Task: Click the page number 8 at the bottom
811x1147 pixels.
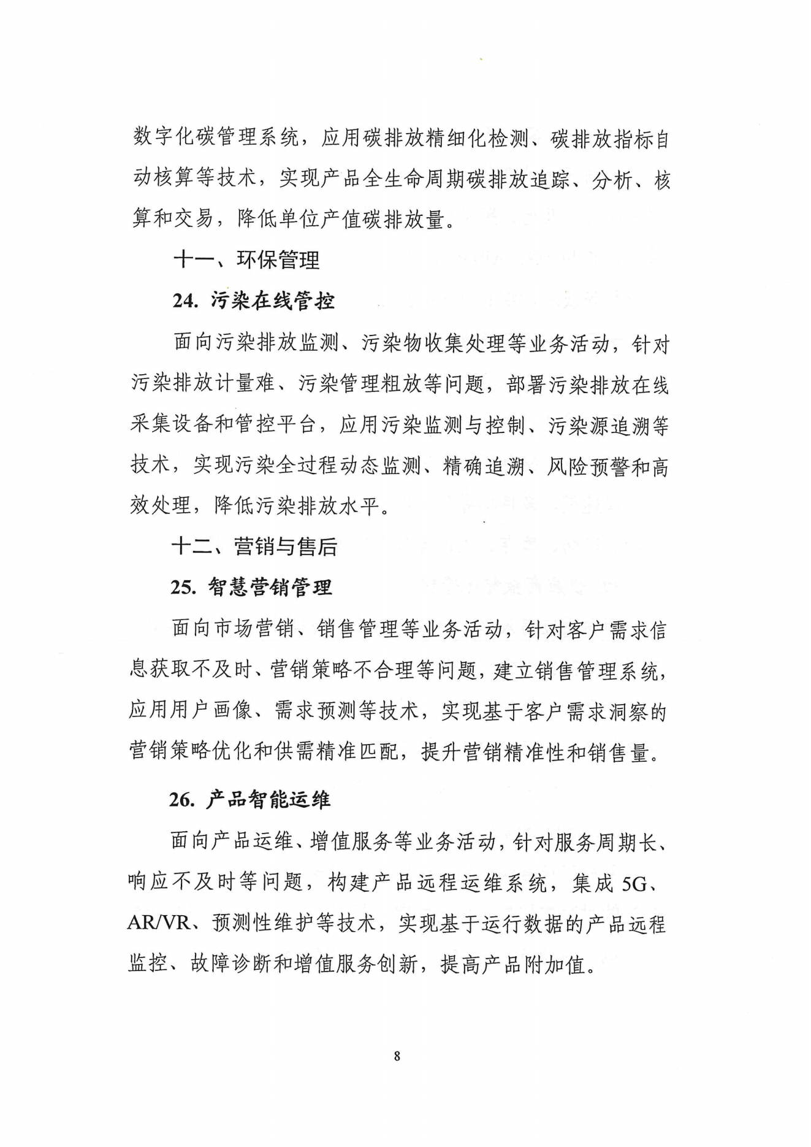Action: click(x=397, y=1056)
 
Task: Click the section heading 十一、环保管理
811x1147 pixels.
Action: click(x=246, y=260)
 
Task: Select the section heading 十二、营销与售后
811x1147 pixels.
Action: click(x=254, y=546)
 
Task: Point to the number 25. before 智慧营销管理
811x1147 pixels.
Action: click(x=183, y=588)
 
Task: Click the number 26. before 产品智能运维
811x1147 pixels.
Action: click(x=182, y=800)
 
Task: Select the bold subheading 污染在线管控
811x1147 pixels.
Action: click(x=273, y=301)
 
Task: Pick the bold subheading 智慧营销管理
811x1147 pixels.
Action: click(x=270, y=588)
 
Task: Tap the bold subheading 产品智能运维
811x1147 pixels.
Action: click(x=268, y=800)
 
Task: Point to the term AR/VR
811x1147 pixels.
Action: click(x=159, y=924)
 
